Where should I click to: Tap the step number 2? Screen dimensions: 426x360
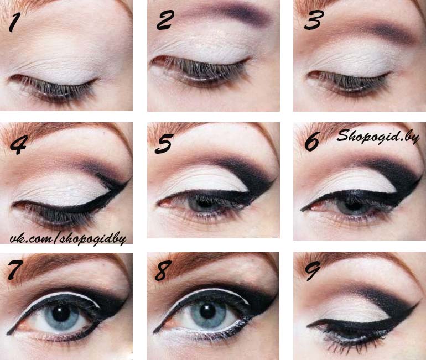coord(164,20)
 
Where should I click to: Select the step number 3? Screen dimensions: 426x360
coord(313,20)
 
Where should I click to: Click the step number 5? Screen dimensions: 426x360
coord(164,143)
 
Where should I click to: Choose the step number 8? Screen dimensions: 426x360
coord(163,270)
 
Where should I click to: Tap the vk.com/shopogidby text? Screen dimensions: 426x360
coord(68,239)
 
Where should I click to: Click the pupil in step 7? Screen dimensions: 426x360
coord(61,313)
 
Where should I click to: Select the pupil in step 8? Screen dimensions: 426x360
coord(207,310)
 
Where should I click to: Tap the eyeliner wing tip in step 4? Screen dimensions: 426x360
coord(131,179)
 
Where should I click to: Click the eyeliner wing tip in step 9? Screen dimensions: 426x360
coord(417,303)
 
